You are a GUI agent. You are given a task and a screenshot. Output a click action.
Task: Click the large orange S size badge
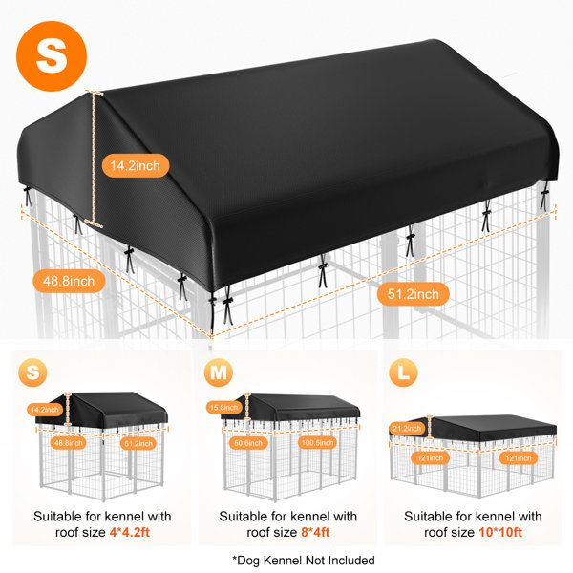click(x=52, y=56)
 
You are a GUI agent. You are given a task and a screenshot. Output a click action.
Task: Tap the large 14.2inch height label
click(x=136, y=165)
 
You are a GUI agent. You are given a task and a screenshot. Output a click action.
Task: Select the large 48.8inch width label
click(x=69, y=281)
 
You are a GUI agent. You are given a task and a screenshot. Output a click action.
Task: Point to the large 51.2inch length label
click(x=413, y=294)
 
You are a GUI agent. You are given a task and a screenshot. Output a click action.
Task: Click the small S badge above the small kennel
click(x=32, y=372)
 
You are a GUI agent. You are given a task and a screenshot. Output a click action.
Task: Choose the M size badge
click(x=219, y=372)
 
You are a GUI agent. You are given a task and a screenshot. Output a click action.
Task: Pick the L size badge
click(x=403, y=372)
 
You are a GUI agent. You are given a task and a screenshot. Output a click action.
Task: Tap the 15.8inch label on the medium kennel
click(x=223, y=407)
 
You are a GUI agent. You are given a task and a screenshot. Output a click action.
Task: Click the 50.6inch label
click(x=248, y=443)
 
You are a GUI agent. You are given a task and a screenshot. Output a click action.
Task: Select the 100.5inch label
click(x=317, y=442)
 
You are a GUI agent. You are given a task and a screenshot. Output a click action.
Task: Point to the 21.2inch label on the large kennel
click(x=407, y=428)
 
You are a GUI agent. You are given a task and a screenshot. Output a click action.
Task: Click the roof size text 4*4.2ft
click(x=130, y=532)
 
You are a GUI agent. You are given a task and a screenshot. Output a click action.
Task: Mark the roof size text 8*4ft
click(x=315, y=532)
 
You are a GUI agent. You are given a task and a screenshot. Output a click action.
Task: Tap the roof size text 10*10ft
click(x=500, y=532)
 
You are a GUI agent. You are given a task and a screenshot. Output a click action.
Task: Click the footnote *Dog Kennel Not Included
click(x=304, y=561)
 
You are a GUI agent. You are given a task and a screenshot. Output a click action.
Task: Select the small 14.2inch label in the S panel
click(x=44, y=410)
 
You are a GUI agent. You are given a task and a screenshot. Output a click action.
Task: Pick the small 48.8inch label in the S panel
click(x=69, y=443)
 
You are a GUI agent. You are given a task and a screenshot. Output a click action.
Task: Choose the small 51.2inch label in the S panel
click(x=138, y=443)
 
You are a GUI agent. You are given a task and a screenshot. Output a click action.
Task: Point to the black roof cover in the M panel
click(x=292, y=407)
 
